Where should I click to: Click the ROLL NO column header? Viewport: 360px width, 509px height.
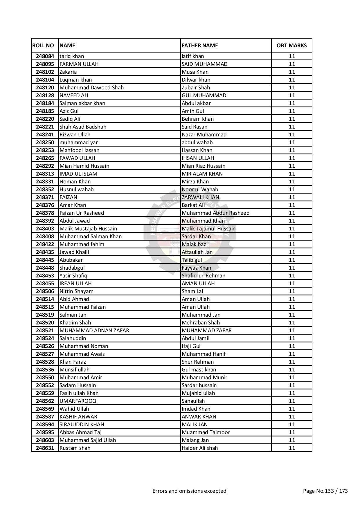pyautogui.click(x=43, y=45)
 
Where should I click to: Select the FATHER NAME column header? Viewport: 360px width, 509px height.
pyautogui.click(x=200, y=45)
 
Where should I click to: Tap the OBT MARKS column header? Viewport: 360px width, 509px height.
pyautogui.click(x=291, y=45)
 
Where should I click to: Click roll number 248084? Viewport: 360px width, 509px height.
pyautogui.click(x=45, y=56)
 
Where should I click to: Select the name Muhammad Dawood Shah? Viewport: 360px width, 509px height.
pyautogui.click(x=91, y=88)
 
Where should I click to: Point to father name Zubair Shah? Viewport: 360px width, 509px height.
pyautogui.click(x=196, y=88)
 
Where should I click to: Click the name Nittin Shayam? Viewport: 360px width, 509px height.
pyautogui.click(x=76, y=291)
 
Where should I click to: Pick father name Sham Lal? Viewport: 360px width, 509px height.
pyautogui.click(x=192, y=291)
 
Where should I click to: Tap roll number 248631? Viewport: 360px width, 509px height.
pyautogui.click(x=45, y=448)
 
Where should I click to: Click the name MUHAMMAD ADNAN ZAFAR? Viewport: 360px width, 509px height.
pyautogui.click(x=94, y=331)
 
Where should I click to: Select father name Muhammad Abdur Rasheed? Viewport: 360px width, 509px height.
pyautogui.click(x=215, y=213)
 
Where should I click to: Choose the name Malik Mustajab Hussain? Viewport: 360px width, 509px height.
pyautogui.click(x=88, y=229)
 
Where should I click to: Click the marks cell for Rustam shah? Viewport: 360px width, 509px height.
pyautogui.click(x=291, y=448)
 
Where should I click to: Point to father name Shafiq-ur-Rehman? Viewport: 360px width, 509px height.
pyautogui.click(x=203, y=276)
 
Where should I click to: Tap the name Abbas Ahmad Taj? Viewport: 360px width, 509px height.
pyautogui.click(x=80, y=432)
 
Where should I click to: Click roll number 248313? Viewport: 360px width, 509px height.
pyautogui.click(x=45, y=174)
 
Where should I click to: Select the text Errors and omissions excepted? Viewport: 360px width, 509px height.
pyautogui.click(x=189, y=491)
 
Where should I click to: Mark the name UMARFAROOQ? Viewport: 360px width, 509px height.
pyautogui.click(x=78, y=401)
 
